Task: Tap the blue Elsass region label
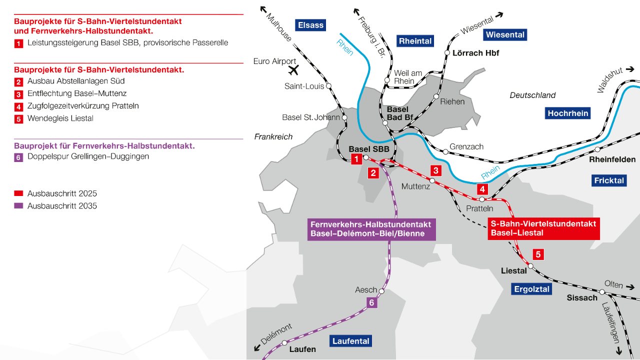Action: (310, 25)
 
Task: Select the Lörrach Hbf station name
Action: (475, 53)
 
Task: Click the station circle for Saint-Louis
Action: (328, 86)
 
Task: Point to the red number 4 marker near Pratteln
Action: (482, 189)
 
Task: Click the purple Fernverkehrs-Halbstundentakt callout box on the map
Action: (370, 229)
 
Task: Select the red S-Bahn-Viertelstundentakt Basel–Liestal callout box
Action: (543, 228)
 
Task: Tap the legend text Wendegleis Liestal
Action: (60, 118)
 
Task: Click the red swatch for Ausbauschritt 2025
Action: (18, 193)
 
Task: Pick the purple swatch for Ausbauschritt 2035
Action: (18, 206)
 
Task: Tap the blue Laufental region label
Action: (351, 341)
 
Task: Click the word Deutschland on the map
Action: (532, 95)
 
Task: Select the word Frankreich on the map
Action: (273, 137)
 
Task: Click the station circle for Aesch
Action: (381, 290)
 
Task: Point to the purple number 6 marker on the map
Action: (371, 302)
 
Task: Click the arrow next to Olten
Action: (630, 287)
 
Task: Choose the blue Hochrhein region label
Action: (567, 113)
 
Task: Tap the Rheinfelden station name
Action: (612, 159)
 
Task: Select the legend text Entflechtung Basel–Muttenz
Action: (77, 93)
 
